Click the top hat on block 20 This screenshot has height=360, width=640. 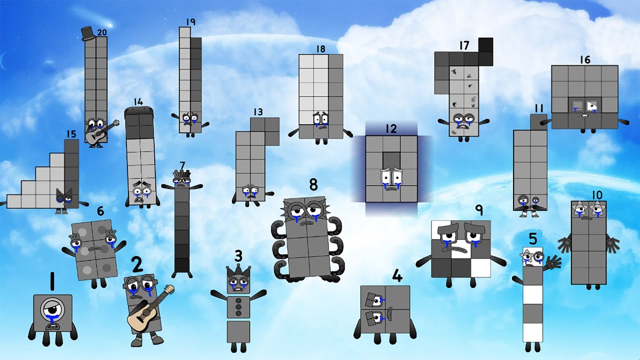(87, 33)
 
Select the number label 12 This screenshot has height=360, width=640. (391, 129)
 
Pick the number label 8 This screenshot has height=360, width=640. (313, 185)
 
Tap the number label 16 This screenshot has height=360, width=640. (585, 60)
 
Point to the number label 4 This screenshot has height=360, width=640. (397, 275)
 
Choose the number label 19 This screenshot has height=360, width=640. (190, 21)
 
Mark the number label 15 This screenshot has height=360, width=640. (71, 134)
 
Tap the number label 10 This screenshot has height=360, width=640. (596, 194)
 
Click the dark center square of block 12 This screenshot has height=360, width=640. (391, 160)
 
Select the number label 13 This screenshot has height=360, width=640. (258, 112)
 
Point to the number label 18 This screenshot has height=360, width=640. (320, 49)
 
